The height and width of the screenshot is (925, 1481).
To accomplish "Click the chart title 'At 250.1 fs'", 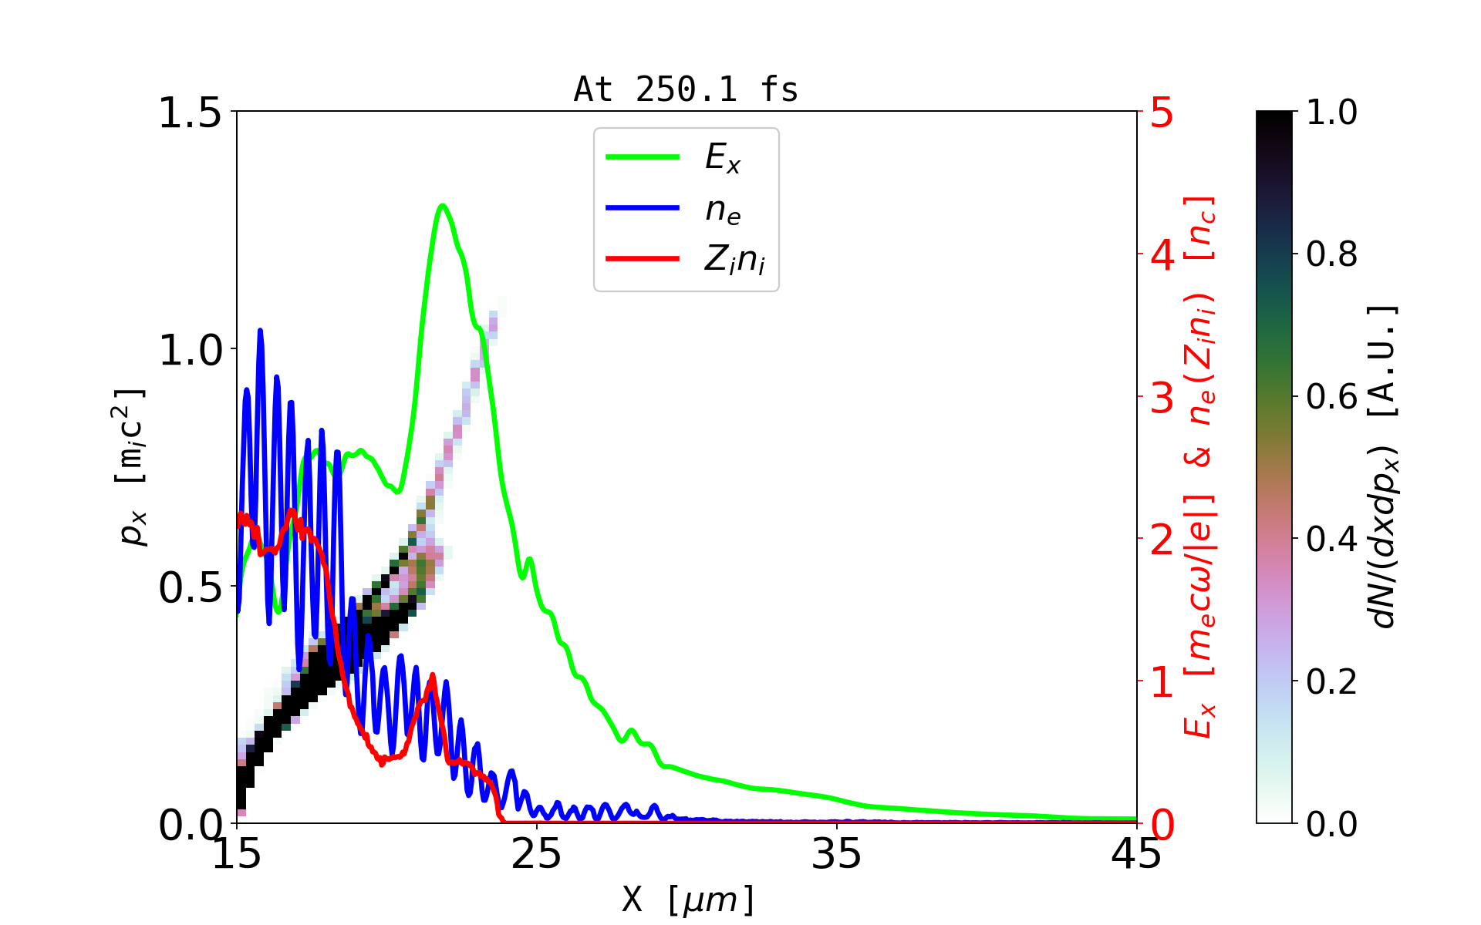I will click(x=686, y=89).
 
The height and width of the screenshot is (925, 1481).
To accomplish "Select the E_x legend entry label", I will click(x=723, y=158).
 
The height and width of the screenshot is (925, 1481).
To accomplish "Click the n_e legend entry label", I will click(x=723, y=209).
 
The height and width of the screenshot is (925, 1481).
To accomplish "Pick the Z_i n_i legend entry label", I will click(x=734, y=260).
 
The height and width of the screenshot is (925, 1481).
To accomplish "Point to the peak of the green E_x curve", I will click(x=442, y=206).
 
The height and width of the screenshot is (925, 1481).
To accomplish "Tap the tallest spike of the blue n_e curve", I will click(x=260, y=331).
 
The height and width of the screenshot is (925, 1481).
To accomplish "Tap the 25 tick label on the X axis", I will click(x=537, y=854).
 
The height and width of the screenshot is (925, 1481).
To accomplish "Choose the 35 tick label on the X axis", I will click(x=837, y=854).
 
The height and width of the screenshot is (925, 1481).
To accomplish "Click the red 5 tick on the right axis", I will click(x=1162, y=113).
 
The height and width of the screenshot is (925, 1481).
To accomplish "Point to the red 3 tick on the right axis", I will click(x=1162, y=398).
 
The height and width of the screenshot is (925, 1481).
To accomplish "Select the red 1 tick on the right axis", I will click(x=1162, y=682).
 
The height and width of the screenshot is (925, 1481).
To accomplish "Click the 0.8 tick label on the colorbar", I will click(x=1331, y=254).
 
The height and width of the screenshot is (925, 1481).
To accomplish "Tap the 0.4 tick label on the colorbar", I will click(x=1331, y=540).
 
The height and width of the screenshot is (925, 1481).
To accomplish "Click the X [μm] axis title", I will click(x=688, y=899).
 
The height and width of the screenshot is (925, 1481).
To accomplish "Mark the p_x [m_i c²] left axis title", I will click(x=131, y=467).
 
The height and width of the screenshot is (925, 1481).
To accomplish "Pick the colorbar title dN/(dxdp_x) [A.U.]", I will click(x=1385, y=467).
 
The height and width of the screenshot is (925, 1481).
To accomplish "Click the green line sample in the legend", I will click(x=643, y=157).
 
